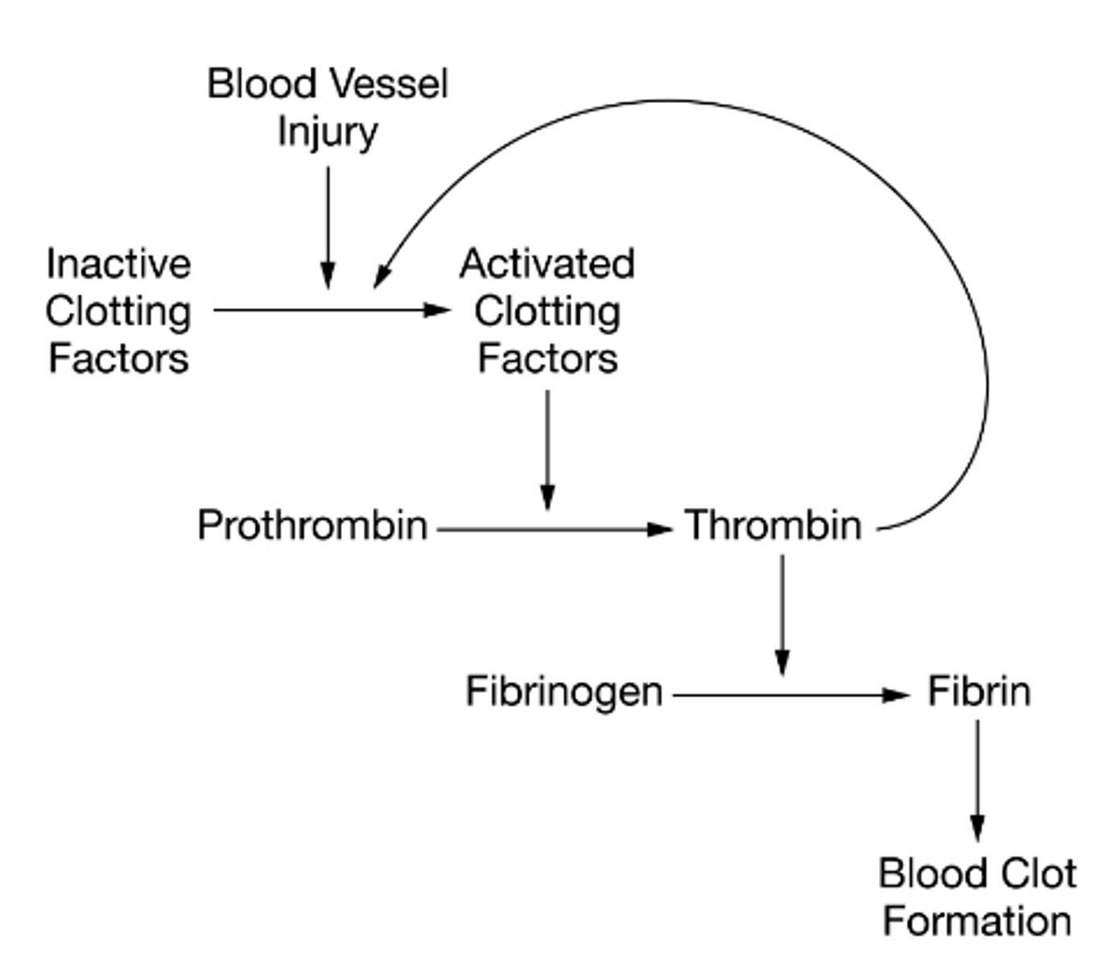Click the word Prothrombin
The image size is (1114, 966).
(x=312, y=526)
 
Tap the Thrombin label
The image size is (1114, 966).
(x=774, y=526)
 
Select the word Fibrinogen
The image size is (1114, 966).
(x=564, y=691)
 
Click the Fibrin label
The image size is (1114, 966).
(x=979, y=691)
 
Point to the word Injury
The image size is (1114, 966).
(x=328, y=133)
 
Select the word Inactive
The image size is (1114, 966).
(x=118, y=264)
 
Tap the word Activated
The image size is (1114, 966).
(x=547, y=264)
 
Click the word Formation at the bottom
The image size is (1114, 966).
(x=977, y=921)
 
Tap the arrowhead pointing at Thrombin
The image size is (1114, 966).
(x=660, y=530)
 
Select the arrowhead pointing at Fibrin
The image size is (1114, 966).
(x=896, y=695)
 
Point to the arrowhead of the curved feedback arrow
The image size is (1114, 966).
(x=382, y=275)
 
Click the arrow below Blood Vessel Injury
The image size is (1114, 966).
(x=328, y=225)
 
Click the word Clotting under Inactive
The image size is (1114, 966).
(x=118, y=312)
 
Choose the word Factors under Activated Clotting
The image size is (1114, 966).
(x=547, y=359)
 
